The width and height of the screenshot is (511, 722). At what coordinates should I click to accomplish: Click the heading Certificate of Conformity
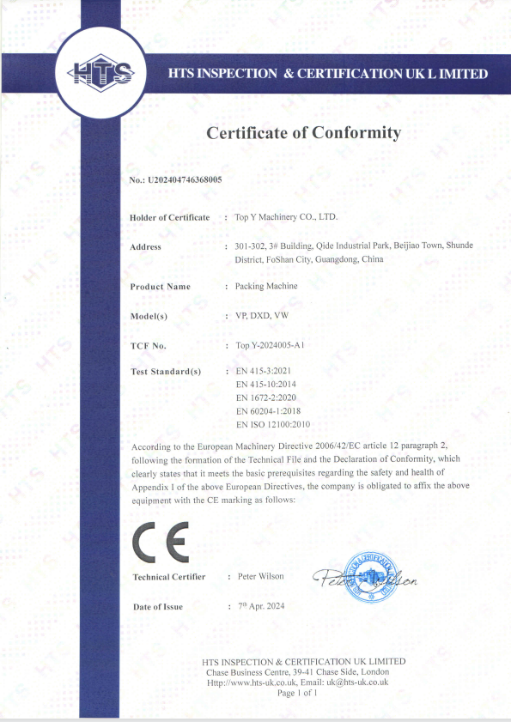pyautogui.click(x=303, y=133)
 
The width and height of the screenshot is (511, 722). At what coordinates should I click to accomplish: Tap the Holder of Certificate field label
pyautogui.click(x=169, y=217)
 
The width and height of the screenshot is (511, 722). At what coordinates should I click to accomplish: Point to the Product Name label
pyautogui.click(x=160, y=286)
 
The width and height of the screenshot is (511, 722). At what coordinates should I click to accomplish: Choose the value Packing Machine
pyautogui.click(x=266, y=286)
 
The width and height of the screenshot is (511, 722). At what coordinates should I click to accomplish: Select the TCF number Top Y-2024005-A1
pyautogui.click(x=270, y=345)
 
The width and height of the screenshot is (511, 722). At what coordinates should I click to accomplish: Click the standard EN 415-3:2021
pyautogui.click(x=264, y=371)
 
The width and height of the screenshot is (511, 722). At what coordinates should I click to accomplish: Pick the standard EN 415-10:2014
pyautogui.click(x=266, y=384)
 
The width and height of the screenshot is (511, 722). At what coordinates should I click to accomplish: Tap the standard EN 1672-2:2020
pyautogui.click(x=266, y=397)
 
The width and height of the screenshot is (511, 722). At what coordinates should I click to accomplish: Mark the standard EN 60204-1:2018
pyautogui.click(x=269, y=410)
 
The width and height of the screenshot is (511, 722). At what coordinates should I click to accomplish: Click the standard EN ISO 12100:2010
pyautogui.click(x=272, y=424)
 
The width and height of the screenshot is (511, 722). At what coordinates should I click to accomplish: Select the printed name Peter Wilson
pyautogui.click(x=259, y=576)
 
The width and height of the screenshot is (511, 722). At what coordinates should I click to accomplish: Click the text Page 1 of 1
pyautogui.click(x=297, y=692)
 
